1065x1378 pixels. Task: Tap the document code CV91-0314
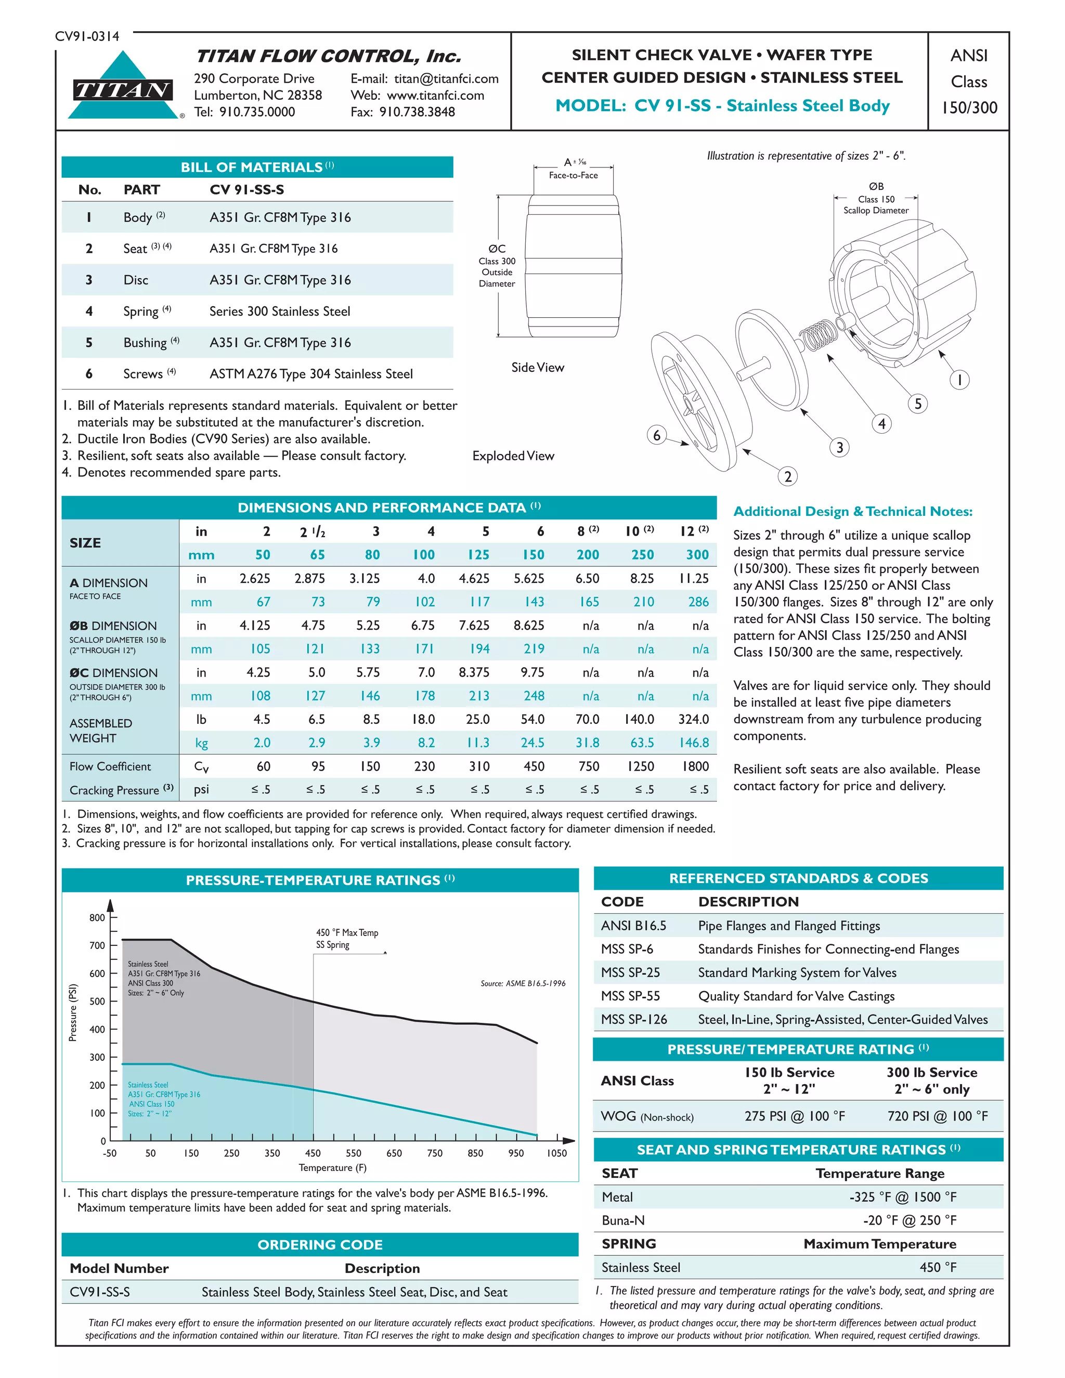click(86, 36)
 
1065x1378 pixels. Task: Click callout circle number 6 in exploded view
click(657, 435)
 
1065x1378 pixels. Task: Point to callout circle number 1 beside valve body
click(959, 380)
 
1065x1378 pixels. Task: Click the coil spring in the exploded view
click(820, 334)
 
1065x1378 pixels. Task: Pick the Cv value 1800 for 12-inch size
click(695, 766)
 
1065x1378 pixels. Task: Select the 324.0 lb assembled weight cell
click(693, 719)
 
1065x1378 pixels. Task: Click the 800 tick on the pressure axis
click(97, 917)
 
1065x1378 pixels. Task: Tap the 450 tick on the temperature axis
click(313, 1153)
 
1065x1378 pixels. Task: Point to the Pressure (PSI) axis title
click(73, 1012)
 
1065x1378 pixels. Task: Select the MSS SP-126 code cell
click(633, 1019)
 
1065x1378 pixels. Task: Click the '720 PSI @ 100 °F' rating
click(937, 1115)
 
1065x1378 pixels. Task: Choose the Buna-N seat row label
click(624, 1220)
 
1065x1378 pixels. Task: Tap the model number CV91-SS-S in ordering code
click(100, 1292)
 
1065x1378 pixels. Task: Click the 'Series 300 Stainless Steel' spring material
click(279, 311)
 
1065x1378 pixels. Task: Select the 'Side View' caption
click(538, 367)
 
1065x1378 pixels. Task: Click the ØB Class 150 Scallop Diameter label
click(876, 199)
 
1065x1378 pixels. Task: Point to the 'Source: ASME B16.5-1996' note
click(523, 983)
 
